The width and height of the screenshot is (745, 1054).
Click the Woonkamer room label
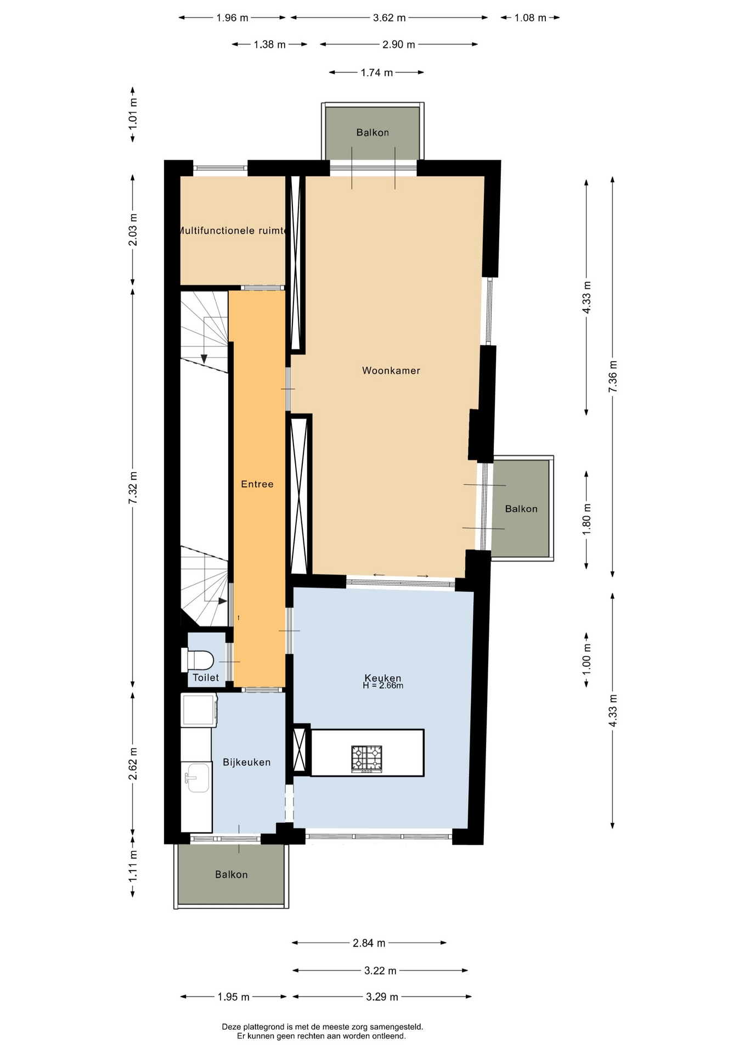[391, 371]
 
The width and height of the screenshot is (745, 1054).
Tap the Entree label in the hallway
[257, 484]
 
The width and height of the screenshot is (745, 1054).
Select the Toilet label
[206, 677]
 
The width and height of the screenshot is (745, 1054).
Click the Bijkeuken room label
[246, 762]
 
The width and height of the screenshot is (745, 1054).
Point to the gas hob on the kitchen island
[366, 759]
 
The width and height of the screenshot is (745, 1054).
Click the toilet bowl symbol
[197, 660]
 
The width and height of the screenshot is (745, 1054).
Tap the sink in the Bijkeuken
[197, 777]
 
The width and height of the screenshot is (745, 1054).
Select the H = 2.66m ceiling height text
[383, 686]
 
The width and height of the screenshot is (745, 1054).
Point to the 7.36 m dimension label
[613, 377]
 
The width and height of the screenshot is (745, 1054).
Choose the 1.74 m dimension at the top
[377, 72]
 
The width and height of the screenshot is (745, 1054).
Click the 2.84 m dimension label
[369, 943]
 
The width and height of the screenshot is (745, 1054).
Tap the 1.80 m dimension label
[586, 519]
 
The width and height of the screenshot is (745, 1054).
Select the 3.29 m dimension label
[382, 997]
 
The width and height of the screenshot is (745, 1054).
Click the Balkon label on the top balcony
[373, 132]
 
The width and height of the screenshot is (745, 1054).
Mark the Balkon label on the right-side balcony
[521, 509]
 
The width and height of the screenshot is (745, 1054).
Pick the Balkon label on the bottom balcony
[232, 874]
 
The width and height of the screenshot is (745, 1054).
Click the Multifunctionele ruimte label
[233, 231]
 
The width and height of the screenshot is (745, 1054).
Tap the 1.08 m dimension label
[530, 18]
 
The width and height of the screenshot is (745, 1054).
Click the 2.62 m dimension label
[132, 764]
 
